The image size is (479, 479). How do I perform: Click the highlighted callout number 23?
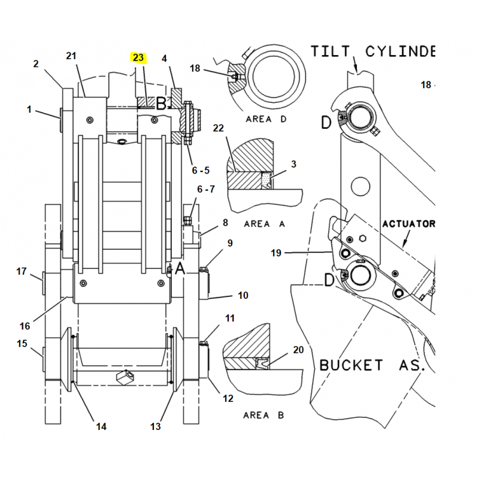(138, 57)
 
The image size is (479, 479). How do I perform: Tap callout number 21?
(72, 56)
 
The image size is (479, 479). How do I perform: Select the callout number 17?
(22, 271)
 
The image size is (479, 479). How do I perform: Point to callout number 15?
(22, 344)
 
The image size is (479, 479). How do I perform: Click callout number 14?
(101, 426)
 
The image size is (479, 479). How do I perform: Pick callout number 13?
(156, 426)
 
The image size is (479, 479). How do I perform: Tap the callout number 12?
(228, 398)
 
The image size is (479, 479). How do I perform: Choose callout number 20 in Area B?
(298, 350)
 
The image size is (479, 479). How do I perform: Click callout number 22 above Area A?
(218, 129)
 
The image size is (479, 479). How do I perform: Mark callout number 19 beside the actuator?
(275, 253)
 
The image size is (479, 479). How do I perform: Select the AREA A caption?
(265, 224)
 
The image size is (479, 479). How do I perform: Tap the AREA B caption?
(264, 415)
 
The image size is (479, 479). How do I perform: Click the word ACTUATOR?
(409, 224)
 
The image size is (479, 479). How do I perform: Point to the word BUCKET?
(351, 364)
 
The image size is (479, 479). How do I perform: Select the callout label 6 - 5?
(201, 170)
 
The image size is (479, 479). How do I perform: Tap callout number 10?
(243, 295)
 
